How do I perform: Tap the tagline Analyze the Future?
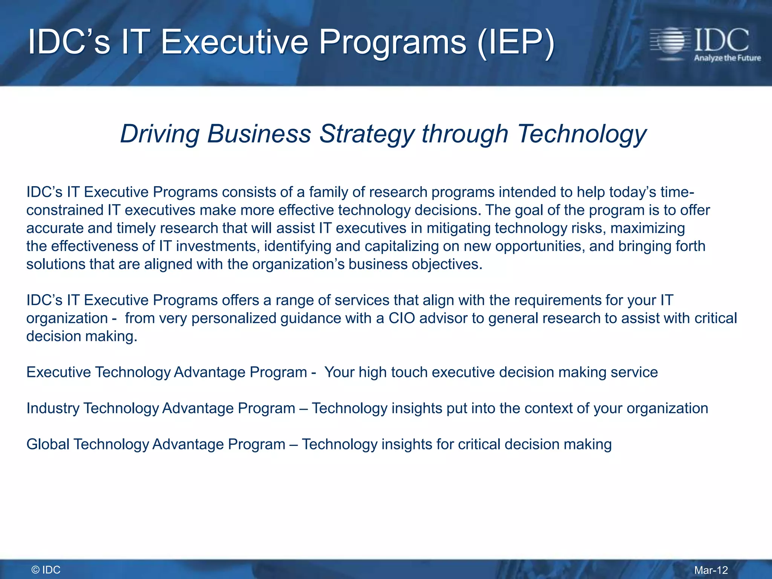pyautogui.click(x=727, y=58)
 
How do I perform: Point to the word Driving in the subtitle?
pyautogui.click(x=160, y=134)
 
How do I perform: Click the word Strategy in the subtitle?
pyautogui.click(x=367, y=134)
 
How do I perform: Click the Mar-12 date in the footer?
pyautogui.click(x=711, y=570)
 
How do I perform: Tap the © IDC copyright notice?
pyautogui.click(x=46, y=570)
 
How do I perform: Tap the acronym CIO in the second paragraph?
pyautogui.click(x=401, y=318)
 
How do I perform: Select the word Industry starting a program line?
pyautogui.click(x=53, y=408)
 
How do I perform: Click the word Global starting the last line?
pyautogui.click(x=48, y=444)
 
